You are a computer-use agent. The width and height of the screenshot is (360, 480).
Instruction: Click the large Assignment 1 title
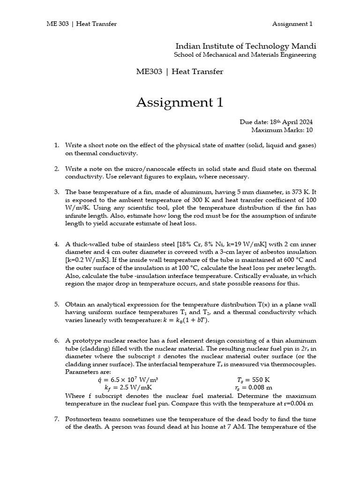coord(180,102)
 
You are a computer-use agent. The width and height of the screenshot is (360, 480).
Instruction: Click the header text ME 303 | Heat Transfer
coord(82,24)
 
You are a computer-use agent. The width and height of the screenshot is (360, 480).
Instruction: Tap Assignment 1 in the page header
coord(292,24)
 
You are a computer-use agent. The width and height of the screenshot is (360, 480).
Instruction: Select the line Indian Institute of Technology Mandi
coord(246,46)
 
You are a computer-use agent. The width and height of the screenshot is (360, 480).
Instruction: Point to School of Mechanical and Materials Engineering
coord(245,55)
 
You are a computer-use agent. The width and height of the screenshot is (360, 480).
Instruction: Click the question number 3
coord(56,192)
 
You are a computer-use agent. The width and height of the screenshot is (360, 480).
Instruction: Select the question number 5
coord(56,304)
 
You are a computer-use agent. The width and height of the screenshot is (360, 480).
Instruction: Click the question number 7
coord(56,419)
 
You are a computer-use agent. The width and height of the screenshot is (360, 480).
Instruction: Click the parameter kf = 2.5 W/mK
coord(127,388)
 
